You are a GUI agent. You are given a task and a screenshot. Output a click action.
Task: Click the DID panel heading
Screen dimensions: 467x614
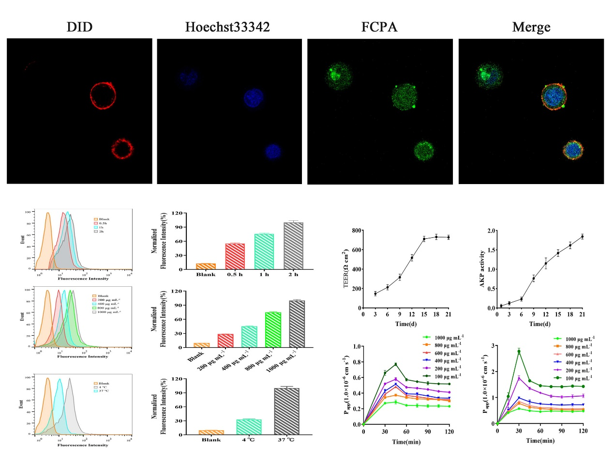click(79, 27)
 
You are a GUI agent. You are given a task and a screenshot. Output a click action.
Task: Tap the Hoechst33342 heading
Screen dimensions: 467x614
click(227, 27)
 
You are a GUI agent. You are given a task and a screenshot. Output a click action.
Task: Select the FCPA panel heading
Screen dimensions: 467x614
click(379, 27)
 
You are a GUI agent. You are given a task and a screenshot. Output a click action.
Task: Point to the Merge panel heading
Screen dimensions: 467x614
click(531, 27)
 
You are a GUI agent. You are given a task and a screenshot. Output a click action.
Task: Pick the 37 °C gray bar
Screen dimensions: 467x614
click(286, 411)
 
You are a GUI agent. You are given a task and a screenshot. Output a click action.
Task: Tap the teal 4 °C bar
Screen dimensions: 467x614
click(249, 427)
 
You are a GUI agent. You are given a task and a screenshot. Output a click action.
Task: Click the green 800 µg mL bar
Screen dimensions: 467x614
click(273, 330)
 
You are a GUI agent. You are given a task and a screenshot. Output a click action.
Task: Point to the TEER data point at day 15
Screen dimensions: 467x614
click(424, 239)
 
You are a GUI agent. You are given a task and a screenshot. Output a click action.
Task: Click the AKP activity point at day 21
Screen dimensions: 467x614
click(582, 236)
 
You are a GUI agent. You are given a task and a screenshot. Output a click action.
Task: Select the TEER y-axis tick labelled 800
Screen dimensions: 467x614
click(357, 231)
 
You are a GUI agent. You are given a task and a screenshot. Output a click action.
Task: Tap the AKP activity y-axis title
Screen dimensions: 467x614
click(482, 269)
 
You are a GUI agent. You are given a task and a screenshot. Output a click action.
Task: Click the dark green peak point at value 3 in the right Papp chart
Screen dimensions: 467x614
click(519, 352)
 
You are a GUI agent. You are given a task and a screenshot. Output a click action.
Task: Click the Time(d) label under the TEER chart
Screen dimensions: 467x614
click(405, 324)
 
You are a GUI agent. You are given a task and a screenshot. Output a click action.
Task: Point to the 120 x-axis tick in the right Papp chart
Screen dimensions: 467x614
click(583, 431)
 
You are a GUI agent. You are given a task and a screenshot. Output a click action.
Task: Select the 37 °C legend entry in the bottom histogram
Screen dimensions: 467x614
click(102, 391)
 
